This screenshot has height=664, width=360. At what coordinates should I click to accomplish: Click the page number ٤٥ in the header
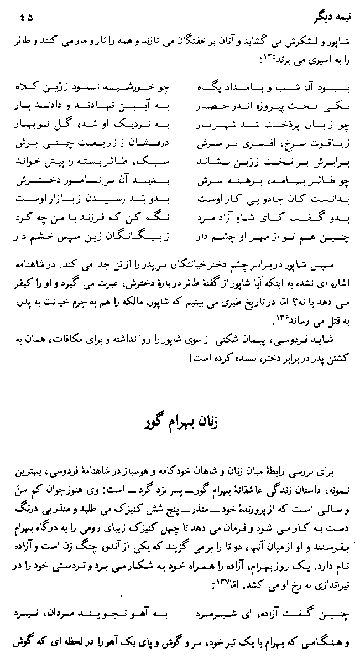25,17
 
